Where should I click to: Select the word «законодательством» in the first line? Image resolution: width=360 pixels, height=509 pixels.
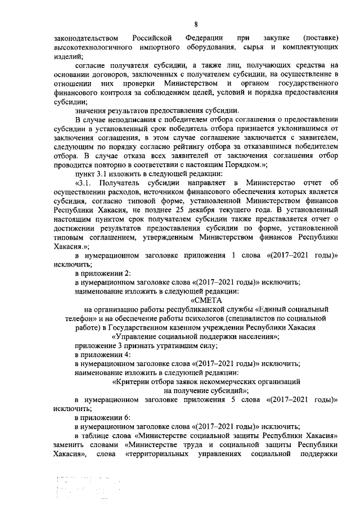(86, 38)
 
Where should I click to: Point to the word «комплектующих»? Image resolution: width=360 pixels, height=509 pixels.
(310, 48)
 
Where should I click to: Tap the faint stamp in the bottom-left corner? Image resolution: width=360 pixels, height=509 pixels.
(79, 489)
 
